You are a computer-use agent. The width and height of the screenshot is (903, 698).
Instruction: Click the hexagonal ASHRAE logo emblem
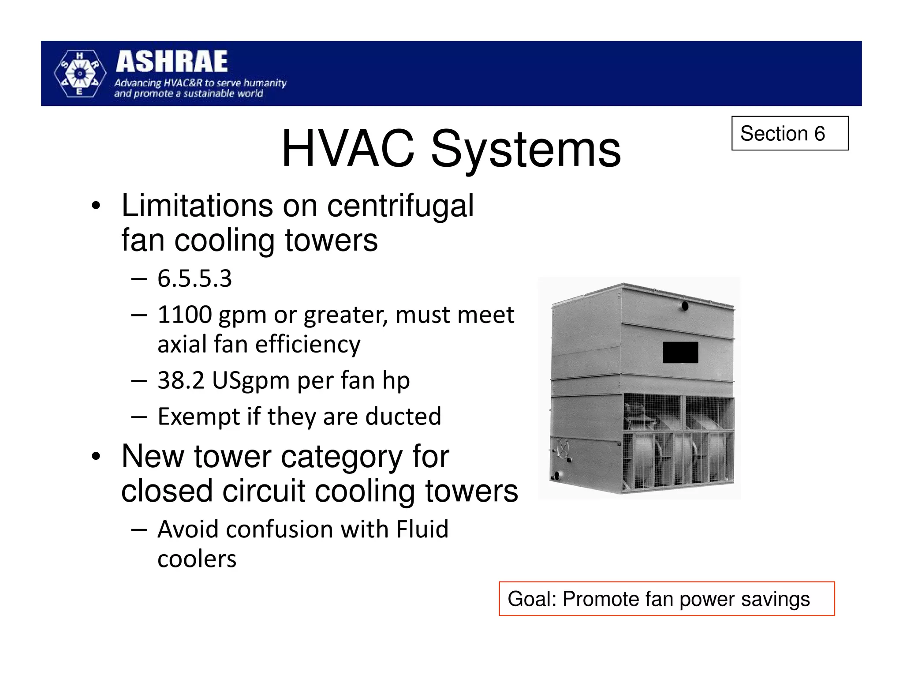coord(80,74)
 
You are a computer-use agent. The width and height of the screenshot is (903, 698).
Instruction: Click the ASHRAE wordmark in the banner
coord(172,62)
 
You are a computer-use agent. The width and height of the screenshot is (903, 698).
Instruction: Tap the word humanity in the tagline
coord(265,83)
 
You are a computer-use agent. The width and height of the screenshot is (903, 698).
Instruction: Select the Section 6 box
coord(789,133)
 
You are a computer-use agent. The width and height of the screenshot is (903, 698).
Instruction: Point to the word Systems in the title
coord(526,150)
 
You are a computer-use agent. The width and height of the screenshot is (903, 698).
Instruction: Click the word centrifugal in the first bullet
coord(400,206)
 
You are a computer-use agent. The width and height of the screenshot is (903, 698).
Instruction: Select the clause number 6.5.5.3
coord(194,279)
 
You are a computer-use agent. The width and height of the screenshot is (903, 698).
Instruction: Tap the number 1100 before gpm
coord(185,315)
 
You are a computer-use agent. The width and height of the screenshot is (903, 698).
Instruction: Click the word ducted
coord(403,417)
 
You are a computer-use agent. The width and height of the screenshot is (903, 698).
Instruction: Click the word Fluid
coord(422,529)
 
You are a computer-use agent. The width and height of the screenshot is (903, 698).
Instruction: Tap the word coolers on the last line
coord(197,559)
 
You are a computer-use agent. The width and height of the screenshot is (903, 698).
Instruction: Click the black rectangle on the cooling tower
coord(680,352)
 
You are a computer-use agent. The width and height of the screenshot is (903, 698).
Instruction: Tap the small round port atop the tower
coord(685,306)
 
